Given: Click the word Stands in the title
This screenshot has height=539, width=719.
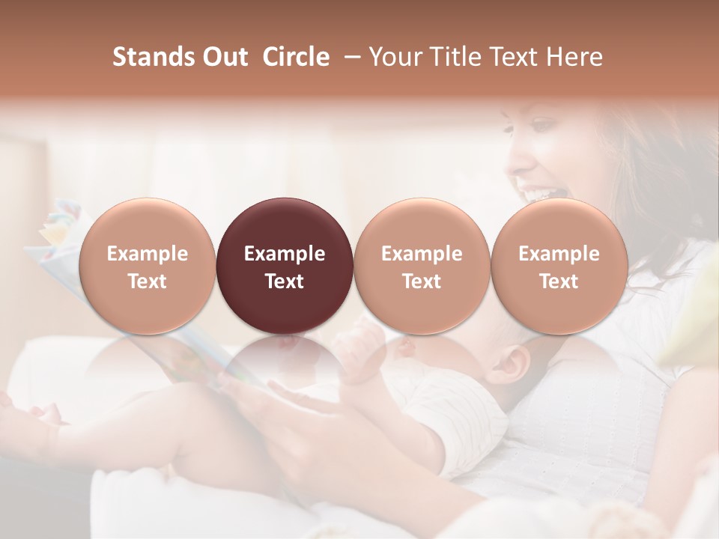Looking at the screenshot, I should pyautogui.click(x=153, y=57).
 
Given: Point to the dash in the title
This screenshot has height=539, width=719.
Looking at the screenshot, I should pyautogui.click(x=349, y=57).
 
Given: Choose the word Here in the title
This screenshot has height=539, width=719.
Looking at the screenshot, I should pyautogui.click(x=574, y=57).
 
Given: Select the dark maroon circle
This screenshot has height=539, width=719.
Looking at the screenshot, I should pyautogui.click(x=285, y=225).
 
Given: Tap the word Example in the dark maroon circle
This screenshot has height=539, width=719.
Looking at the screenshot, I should pyautogui.click(x=285, y=254).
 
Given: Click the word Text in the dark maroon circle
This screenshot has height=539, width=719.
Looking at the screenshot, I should pyautogui.click(x=285, y=281).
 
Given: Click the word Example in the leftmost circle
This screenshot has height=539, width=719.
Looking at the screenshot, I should pyautogui.click(x=147, y=254).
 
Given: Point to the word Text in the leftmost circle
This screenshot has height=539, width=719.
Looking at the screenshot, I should pyautogui.click(x=147, y=281).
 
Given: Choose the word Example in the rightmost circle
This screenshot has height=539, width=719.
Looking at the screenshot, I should pyautogui.click(x=559, y=254).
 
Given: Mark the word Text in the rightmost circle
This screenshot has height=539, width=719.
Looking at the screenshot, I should pyautogui.click(x=559, y=281).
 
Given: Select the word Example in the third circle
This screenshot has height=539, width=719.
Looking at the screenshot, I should pyautogui.click(x=422, y=254).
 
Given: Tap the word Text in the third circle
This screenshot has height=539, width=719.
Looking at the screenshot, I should pyautogui.click(x=422, y=281).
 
